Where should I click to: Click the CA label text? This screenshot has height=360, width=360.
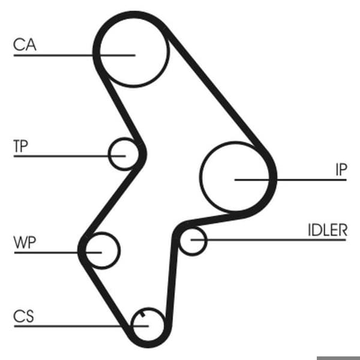(25, 44)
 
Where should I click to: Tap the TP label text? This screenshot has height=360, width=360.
(20, 146)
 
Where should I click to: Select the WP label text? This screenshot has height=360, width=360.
(25, 242)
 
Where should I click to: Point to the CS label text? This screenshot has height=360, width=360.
(23, 316)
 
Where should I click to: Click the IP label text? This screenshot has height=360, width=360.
(341, 170)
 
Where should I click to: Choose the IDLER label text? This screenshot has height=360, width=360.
(328, 230)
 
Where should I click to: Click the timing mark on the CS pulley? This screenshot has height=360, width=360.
(142, 314)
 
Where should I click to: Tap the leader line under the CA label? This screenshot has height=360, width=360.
(74, 55)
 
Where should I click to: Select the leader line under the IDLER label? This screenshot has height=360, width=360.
(268, 240)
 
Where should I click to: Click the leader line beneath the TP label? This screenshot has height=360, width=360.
(70, 156)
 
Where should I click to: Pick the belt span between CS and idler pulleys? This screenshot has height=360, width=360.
(173, 275)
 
